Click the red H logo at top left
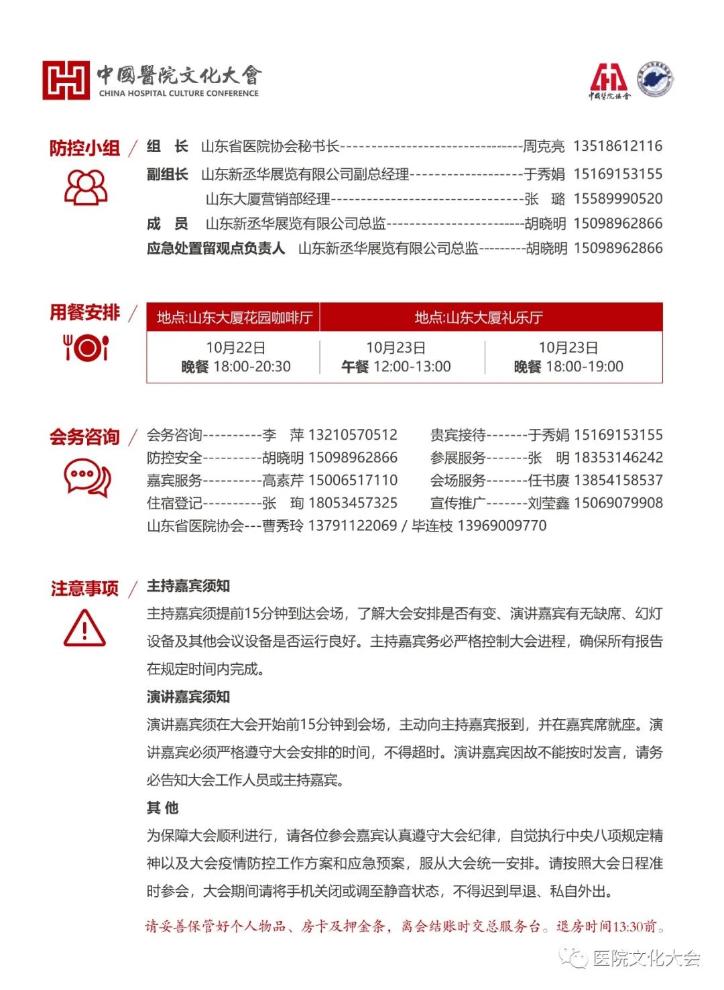(x=66, y=81)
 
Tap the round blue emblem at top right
(x=654, y=80)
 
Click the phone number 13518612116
(x=617, y=146)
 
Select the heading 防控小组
(x=84, y=148)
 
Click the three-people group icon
(x=85, y=187)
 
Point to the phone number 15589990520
(x=617, y=199)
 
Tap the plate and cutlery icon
(x=86, y=347)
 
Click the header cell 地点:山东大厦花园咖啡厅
(x=234, y=318)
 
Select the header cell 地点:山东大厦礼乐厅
(x=479, y=318)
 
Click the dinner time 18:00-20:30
(x=251, y=367)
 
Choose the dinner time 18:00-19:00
(x=585, y=367)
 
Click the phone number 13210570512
(x=353, y=435)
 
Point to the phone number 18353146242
(x=618, y=458)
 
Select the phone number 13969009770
(x=501, y=525)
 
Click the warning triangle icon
(x=84, y=629)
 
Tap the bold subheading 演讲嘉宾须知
(x=188, y=697)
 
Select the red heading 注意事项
(x=84, y=589)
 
